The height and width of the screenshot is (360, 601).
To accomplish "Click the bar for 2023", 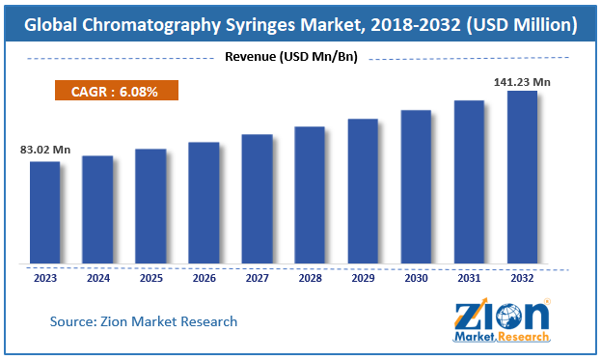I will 44,211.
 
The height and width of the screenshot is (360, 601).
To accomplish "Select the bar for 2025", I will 150,206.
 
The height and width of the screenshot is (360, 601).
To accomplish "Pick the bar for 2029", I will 363,190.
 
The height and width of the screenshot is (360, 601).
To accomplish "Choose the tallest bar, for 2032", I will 522,177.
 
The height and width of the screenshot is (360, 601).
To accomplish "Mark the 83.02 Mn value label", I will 45,150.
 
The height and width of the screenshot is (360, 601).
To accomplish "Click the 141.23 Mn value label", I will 522,82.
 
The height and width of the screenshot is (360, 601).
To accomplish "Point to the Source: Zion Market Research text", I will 144,320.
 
